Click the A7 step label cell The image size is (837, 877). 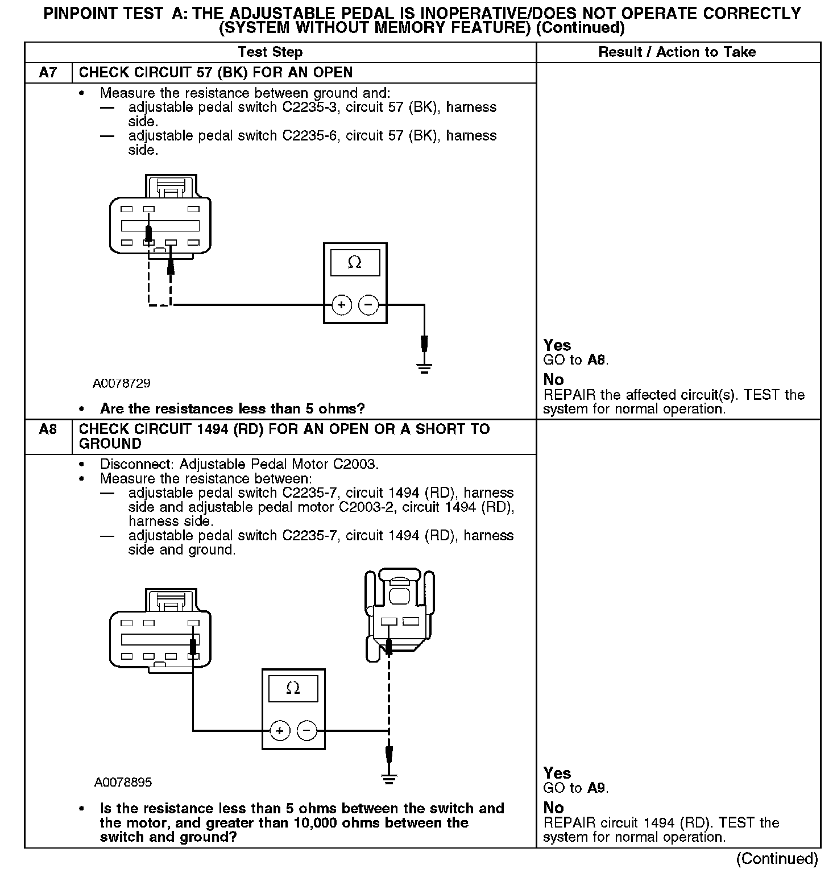click(x=48, y=73)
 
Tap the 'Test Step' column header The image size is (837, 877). click(x=270, y=52)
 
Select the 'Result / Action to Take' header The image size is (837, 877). click(x=677, y=52)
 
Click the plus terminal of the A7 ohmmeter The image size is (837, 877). click(x=341, y=305)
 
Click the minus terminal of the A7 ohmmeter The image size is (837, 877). click(x=368, y=305)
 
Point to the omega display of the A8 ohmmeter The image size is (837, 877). click(x=293, y=689)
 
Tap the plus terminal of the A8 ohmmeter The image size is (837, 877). click(x=279, y=730)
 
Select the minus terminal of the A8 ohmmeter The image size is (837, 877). click(x=306, y=730)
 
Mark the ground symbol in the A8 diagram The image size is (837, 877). click(x=389, y=779)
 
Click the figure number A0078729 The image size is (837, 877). click(x=122, y=383)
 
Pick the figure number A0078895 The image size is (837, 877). click(x=123, y=782)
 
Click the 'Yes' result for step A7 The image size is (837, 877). click(x=557, y=345)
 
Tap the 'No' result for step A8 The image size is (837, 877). click(x=553, y=808)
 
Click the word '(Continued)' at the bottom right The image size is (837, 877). click(x=777, y=858)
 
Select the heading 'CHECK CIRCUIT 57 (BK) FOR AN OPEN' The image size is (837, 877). click(x=216, y=73)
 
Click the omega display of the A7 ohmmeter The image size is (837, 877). click(x=355, y=263)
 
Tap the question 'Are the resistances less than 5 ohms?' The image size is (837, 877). click(x=232, y=408)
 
